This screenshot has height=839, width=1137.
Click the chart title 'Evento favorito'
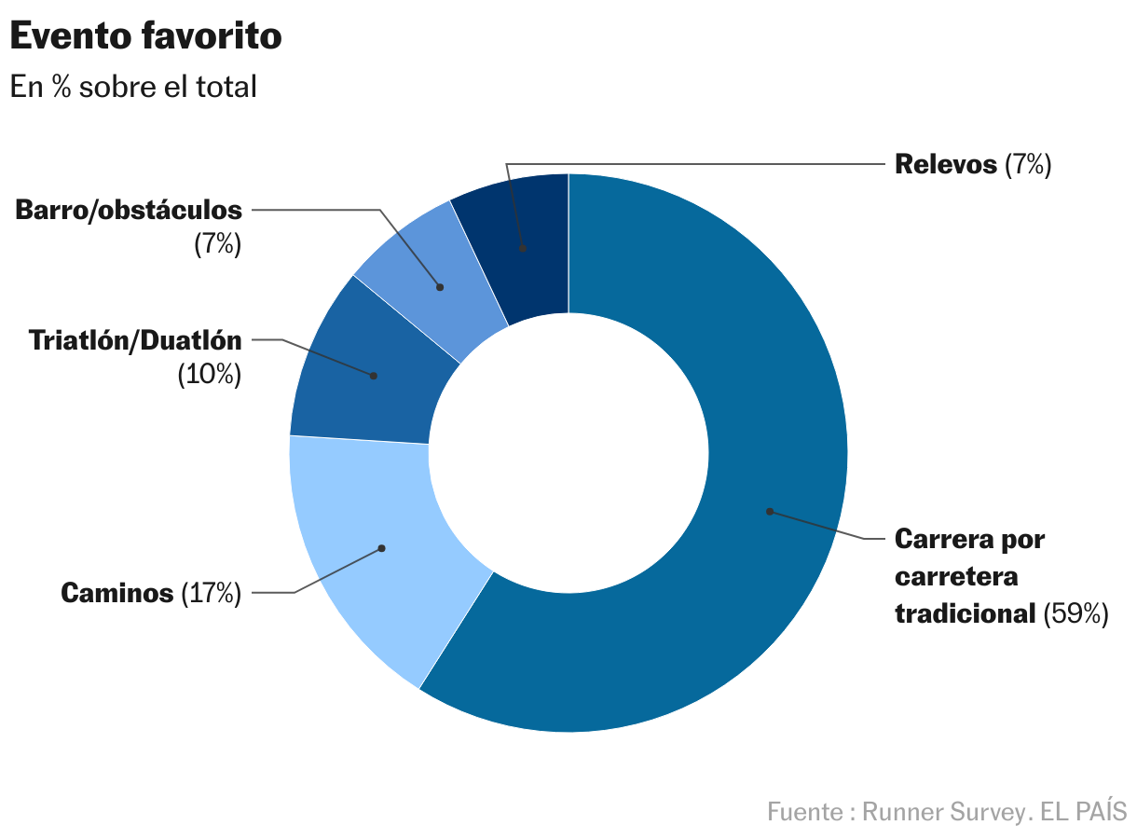tap(145, 37)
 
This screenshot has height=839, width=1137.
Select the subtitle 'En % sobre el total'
tap(133, 87)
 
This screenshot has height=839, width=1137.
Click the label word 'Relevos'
tap(945, 165)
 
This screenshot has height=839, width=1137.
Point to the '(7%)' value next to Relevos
tap(1028, 165)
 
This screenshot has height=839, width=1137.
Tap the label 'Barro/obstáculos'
tap(129, 211)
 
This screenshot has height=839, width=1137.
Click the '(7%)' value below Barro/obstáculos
tap(217, 245)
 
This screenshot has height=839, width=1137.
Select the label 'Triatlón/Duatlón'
tap(135, 340)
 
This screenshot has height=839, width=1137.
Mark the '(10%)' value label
tap(209, 375)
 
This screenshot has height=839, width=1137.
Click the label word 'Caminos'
tap(117, 593)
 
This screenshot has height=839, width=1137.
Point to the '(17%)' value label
tap(211, 593)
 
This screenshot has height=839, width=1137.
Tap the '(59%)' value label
tap(1075, 613)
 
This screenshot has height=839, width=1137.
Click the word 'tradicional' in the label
tap(965, 613)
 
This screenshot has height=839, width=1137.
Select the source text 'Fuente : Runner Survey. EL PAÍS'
tap(947, 811)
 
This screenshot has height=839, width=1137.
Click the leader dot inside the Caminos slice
tap(381, 548)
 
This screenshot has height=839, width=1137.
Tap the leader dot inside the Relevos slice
tap(523, 249)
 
